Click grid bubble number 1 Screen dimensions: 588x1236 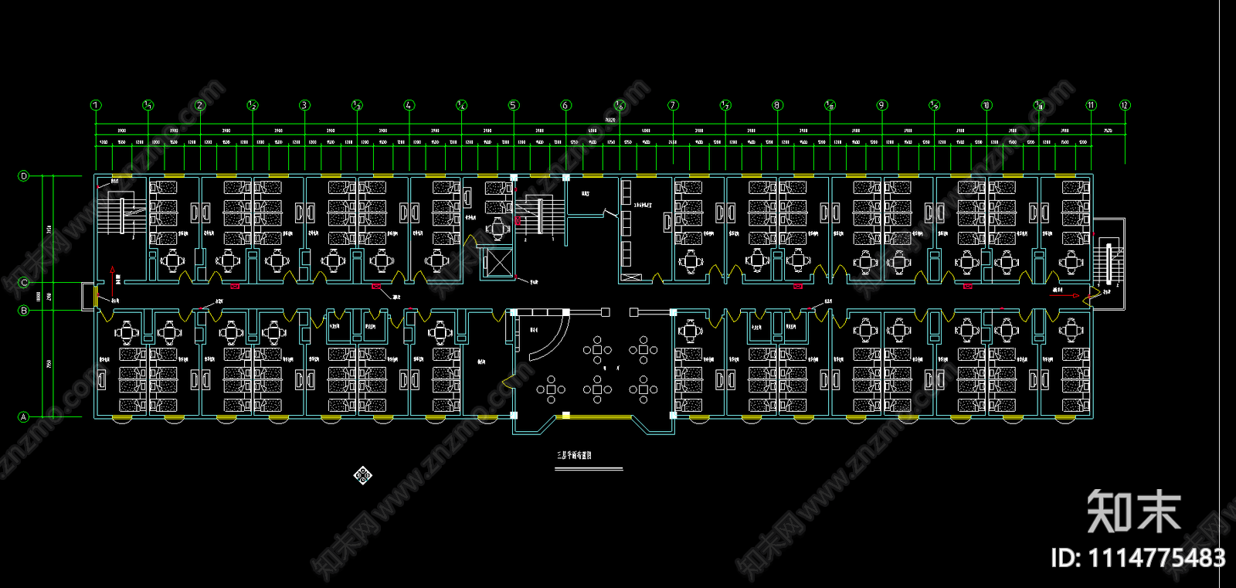coord(96,105)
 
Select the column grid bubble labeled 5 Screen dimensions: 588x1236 coord(514,105)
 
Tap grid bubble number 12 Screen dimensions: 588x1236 coord(1125,105)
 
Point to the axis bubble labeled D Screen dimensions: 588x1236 coord(24,176)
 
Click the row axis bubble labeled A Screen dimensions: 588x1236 coord(24,416)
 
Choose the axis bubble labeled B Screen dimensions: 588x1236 coord(24,311)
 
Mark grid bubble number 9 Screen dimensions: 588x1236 coord(882,105)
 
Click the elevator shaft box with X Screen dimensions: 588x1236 coord(497,263)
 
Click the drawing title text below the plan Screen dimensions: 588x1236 coord(574,456)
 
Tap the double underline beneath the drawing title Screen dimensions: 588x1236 coord(588,468)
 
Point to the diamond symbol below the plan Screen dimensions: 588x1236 coord(363,474)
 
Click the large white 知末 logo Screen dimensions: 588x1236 coord(1133,512)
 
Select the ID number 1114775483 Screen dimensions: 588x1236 coord(1138,558)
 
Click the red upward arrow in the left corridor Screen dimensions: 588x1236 coord(113,272)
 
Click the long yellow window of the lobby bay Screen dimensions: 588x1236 coord(599,416)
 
